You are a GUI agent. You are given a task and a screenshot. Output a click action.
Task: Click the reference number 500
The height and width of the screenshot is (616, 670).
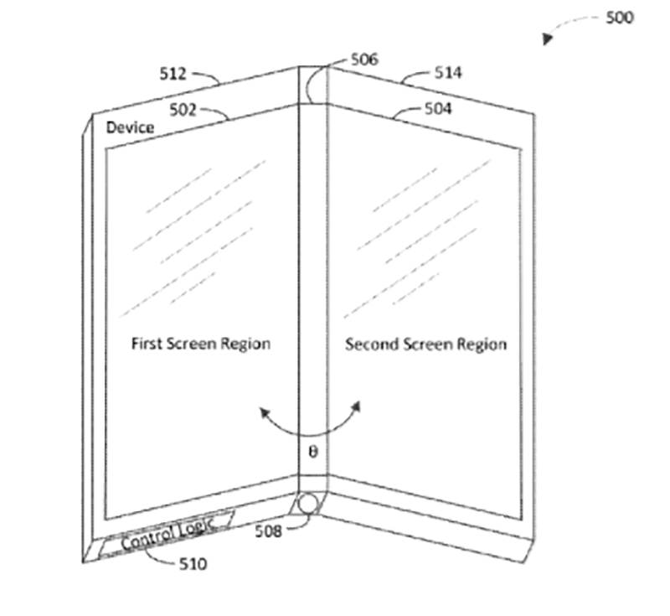tap(621, 18)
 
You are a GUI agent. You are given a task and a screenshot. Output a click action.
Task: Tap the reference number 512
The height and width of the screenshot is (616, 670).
tap(173, 74)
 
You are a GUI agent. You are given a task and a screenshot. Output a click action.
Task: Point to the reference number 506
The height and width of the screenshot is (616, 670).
tap(365, 60)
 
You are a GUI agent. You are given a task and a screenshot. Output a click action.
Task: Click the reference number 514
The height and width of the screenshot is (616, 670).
tap(448, 74)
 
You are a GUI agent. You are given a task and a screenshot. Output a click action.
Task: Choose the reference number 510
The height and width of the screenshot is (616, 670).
tap(192, 564)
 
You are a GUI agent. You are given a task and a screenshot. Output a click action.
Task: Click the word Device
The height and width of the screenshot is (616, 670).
tap(130, 128)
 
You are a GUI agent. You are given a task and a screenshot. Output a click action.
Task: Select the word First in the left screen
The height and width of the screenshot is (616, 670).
tap(146, 344)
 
